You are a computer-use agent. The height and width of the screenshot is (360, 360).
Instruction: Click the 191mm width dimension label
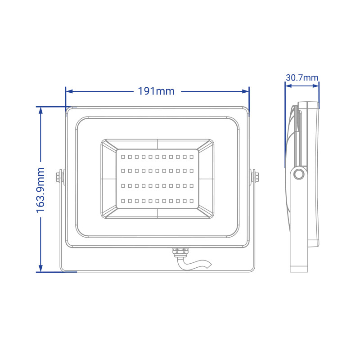coord(156,91)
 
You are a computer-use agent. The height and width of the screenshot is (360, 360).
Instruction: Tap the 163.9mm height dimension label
coord(40,190)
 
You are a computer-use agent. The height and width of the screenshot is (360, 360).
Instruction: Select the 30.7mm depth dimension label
coord(302,77)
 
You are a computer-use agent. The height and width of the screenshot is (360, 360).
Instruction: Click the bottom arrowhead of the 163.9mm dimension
coord(40,268)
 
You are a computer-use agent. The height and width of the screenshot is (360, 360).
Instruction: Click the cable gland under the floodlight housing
coord(180,252)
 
